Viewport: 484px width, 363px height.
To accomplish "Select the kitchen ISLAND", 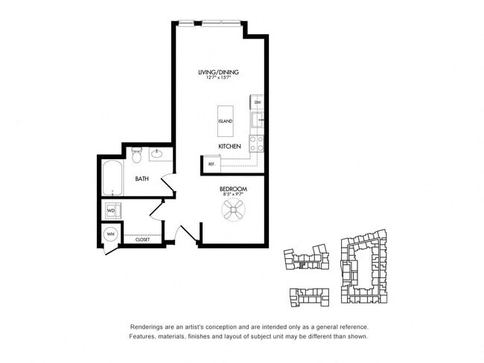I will (x=225, y=121).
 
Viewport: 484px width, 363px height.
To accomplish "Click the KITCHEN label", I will (x=229, y=147).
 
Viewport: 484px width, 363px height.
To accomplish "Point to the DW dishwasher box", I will (x=256, y=102).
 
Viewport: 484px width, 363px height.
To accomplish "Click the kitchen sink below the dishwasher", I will (x=256, y=119).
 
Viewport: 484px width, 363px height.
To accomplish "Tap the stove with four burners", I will (x=255, y=142).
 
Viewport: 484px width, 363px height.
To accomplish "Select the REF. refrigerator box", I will (x=211, y=164).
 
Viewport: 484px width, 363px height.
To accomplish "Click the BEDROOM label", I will (x=233, y=190).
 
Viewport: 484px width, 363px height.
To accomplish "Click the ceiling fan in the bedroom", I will (x=233, y=212).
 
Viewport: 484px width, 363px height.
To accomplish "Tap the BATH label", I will (x=141, y=179).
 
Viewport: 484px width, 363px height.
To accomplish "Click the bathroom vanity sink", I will (x=158, y=155).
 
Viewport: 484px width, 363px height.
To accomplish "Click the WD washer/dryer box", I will (x=112, y=211).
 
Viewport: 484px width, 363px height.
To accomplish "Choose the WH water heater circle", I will (x=111, y=234).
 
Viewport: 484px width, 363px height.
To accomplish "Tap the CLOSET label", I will (x=142, y=240).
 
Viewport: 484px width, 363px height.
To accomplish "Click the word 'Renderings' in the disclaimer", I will (x=146, y=327).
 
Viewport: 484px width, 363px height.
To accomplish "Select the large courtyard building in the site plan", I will (x=364, y=269).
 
